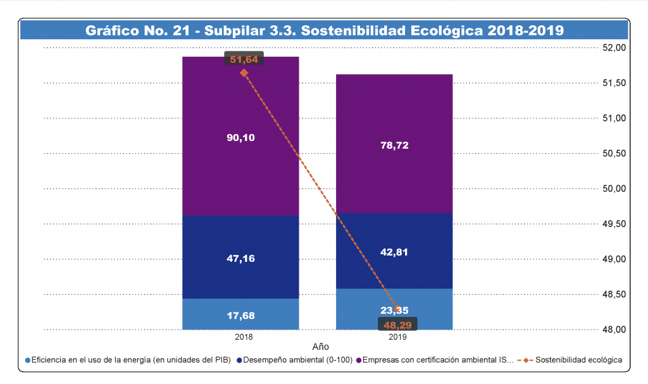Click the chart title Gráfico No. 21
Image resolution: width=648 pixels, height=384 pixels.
click(x=324, y=30)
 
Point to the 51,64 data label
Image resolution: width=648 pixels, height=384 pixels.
click(x=244, y=59)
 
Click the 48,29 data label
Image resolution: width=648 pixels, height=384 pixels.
click(x=398, y=325)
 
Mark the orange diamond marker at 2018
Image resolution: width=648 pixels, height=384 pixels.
click(x=244, y=73)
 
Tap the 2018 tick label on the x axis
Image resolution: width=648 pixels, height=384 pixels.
click(x=244, y=337)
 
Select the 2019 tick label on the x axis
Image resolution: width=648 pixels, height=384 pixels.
click(x=398, y=337)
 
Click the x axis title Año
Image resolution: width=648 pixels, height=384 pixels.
click(x=321, y=347)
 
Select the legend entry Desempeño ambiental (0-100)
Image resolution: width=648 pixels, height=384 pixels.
click(x=295, y=360)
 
